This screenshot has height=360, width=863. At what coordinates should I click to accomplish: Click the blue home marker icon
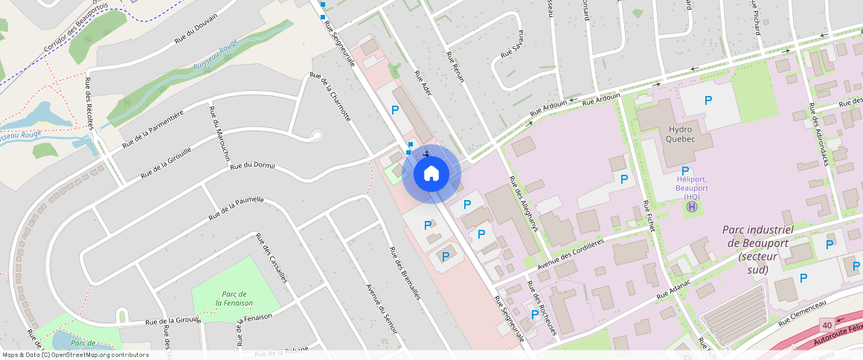point(431,174)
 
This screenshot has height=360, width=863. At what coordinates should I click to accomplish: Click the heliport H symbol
point(692,207)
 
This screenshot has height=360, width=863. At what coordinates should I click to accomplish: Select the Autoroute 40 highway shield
point(826,326)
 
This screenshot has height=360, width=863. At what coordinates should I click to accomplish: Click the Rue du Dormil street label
point(253,165)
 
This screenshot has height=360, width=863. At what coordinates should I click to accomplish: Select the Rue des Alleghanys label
point(522,204)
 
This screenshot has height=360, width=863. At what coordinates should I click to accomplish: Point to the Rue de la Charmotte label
point(330,97)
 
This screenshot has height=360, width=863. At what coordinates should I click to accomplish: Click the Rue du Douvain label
point(196,30)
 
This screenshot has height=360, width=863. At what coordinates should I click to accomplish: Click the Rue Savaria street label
point(512,45)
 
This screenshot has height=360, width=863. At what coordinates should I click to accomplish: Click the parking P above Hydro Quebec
point(708,100)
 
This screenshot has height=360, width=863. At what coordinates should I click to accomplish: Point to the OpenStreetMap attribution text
point(76,355)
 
